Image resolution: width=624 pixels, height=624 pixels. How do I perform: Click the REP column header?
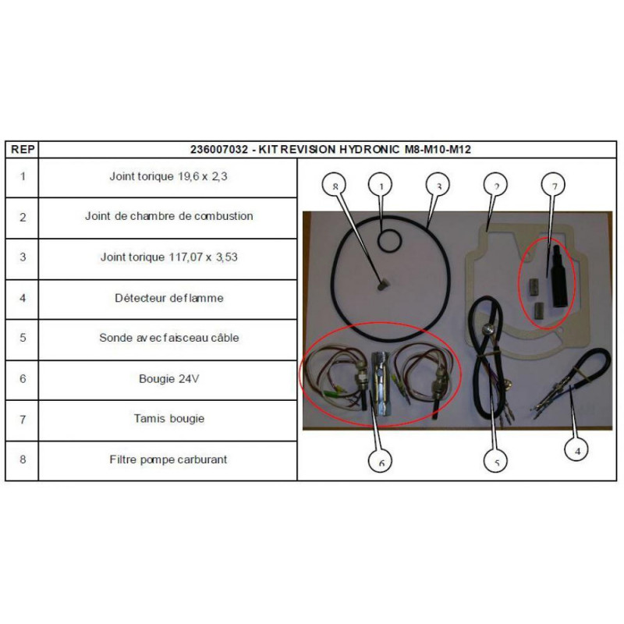23,150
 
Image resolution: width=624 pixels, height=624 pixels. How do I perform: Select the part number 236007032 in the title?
219,150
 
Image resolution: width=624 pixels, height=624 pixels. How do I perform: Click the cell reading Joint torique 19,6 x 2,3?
168,176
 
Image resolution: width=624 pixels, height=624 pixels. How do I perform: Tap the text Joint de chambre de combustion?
168,216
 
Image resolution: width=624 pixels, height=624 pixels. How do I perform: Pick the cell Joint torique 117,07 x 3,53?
168,257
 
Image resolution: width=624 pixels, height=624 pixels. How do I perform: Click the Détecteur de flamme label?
169,298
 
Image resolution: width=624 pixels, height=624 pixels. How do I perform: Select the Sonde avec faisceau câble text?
169,338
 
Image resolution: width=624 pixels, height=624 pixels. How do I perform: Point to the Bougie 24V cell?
168,379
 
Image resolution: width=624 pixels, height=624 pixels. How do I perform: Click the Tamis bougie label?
169,419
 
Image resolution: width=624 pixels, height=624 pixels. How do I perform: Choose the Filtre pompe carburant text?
168,459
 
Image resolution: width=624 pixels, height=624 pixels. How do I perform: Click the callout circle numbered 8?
334,185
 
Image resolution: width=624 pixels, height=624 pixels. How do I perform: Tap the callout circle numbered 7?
554,185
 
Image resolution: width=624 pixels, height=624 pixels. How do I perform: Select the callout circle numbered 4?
577,451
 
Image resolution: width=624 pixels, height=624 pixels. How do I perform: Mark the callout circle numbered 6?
381,462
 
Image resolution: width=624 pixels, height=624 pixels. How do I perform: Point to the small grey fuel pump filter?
382,285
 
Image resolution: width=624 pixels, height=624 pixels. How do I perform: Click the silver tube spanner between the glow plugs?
380,383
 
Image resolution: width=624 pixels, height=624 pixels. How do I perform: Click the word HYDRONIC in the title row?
369,150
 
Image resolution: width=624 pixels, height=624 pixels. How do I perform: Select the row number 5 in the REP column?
23,338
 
